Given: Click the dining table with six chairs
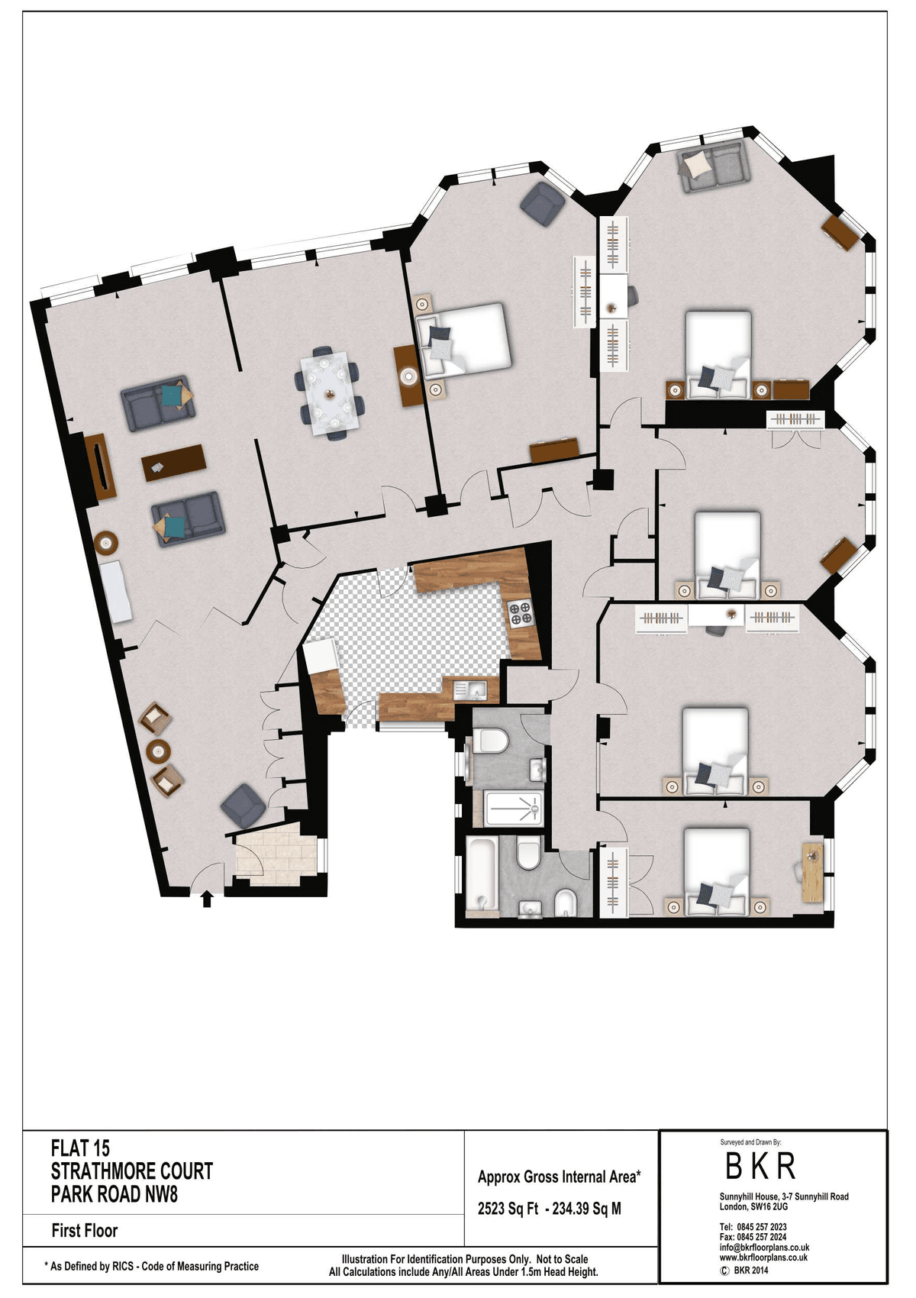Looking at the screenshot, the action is (330, 393).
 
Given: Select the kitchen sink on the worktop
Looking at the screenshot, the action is (470, 689).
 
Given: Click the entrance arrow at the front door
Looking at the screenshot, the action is (207, 899).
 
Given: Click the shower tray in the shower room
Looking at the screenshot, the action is (513, 808).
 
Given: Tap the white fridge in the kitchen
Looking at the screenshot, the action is (321, 655).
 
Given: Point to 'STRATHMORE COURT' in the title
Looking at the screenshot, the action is (132, 1171).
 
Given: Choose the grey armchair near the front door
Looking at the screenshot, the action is (244, 805).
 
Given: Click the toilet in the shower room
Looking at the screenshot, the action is (490, 740).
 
